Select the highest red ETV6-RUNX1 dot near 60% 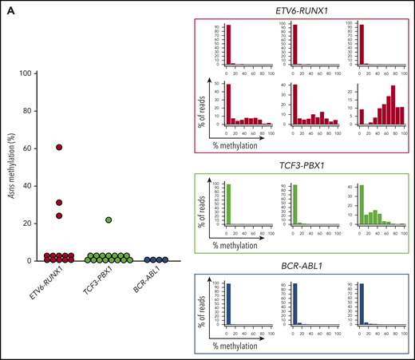tap(59, 148)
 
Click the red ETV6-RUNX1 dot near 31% tap(59, 202)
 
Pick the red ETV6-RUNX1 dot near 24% tap(59, 216)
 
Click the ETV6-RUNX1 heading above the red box tap(306, 8)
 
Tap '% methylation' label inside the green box tap(239, 244)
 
